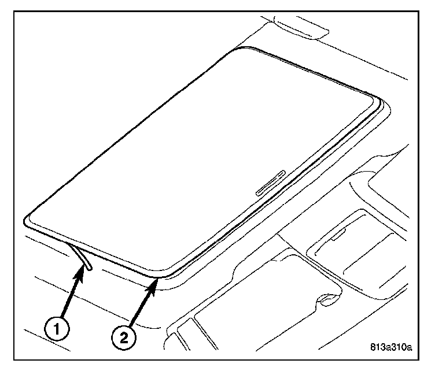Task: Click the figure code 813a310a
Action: [391, 348]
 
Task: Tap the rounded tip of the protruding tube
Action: [90, 267]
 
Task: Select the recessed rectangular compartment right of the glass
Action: [353, 243]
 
